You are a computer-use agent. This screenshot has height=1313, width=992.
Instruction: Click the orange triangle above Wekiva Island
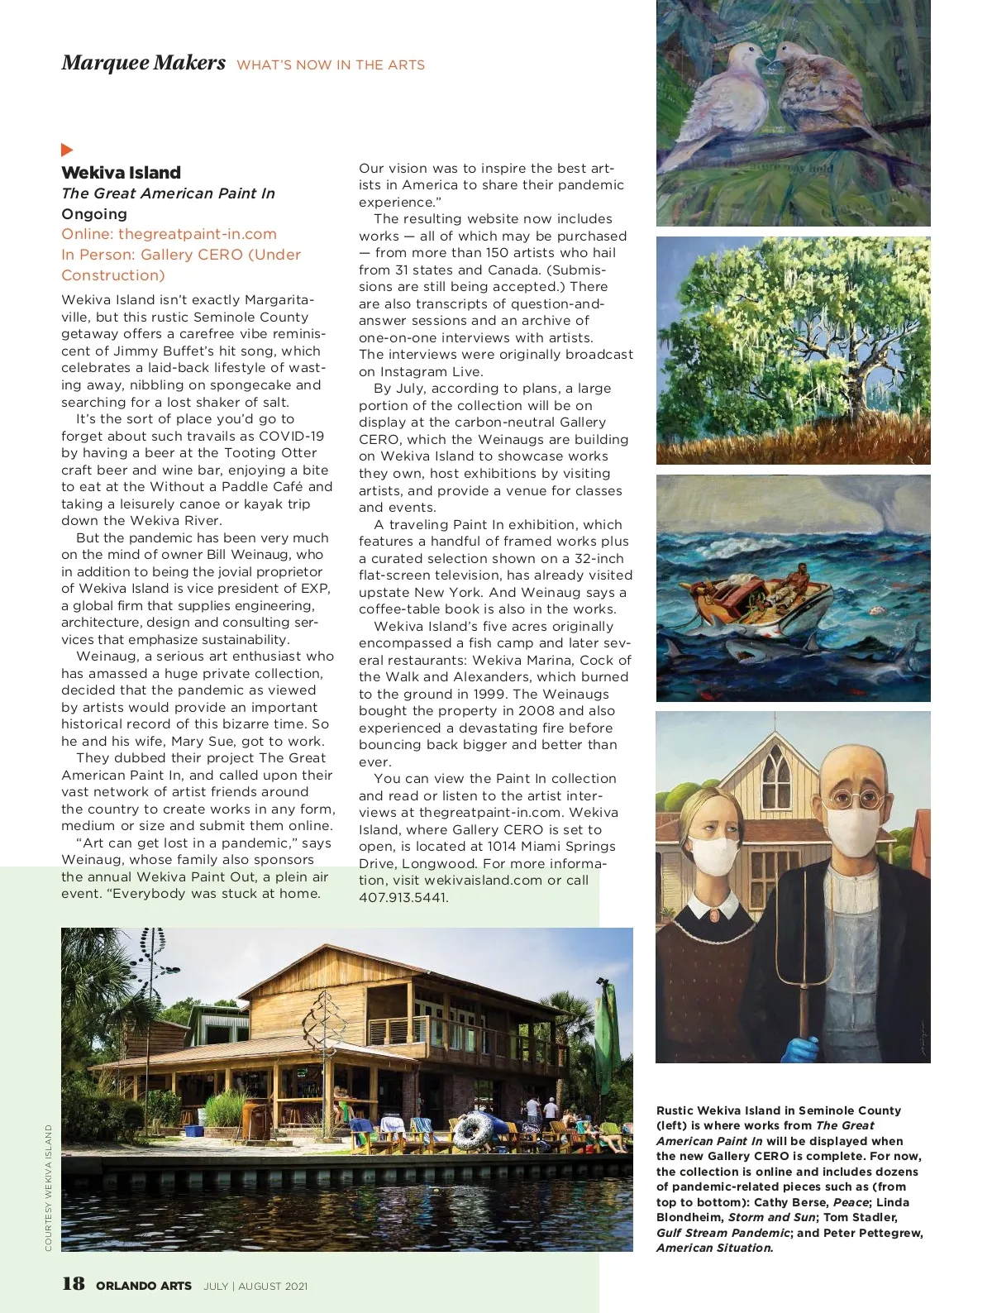tap(67, 150)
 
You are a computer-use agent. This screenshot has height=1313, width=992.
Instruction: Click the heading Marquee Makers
tap(143, 63)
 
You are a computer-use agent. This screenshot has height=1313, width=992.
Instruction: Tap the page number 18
tap(73, 1283)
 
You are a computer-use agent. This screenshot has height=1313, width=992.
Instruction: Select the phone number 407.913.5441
tap(403, 897)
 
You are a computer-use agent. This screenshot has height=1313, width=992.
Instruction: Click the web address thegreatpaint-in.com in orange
tap(197, 234)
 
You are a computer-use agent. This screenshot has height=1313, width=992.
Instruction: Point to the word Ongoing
tap(94, 213)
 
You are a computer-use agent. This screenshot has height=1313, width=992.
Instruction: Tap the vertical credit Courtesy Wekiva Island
tap(49, 1187)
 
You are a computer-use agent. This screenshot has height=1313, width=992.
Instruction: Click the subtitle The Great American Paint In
tap(168, 193)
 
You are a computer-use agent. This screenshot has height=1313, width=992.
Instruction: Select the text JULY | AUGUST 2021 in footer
tap(255, 1286)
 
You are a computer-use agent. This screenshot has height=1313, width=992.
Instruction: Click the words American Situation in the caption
tap(714, 1248)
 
